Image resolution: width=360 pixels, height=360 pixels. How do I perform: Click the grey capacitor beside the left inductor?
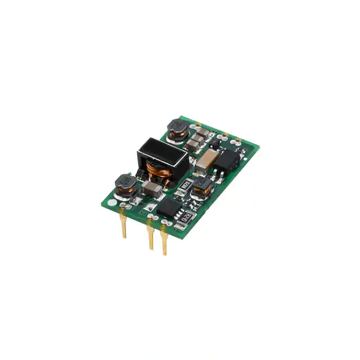click(150, 187)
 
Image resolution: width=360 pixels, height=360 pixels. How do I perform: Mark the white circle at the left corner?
click(114, 201)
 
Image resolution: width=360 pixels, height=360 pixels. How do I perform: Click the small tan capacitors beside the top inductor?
click(197, 138)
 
